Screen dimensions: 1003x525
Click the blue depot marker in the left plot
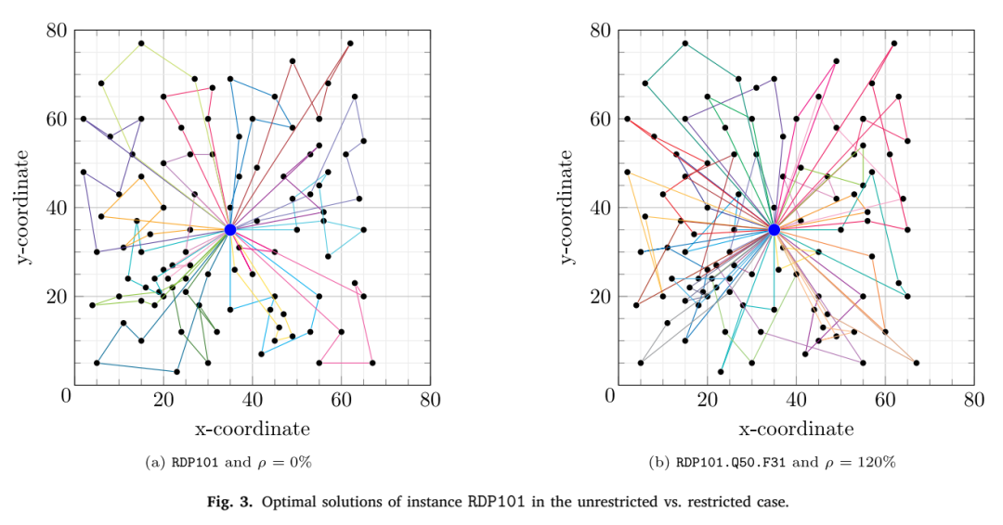point(230,229)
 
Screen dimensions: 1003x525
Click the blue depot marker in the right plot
point(774,229)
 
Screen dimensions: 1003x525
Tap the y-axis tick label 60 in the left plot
point(57,119)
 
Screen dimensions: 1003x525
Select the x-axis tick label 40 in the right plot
point(796,399)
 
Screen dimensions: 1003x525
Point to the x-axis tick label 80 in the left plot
point(430,399)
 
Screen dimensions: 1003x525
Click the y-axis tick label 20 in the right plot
point(600,296)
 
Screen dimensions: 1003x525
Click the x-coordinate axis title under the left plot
point(252,429)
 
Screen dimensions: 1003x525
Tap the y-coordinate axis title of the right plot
point(567,207)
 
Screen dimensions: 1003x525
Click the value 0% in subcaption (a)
point(301,462)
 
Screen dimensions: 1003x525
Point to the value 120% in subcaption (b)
point(879,462)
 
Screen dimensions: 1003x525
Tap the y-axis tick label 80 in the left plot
point(57,30)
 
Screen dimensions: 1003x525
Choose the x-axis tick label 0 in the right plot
point(610,395)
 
